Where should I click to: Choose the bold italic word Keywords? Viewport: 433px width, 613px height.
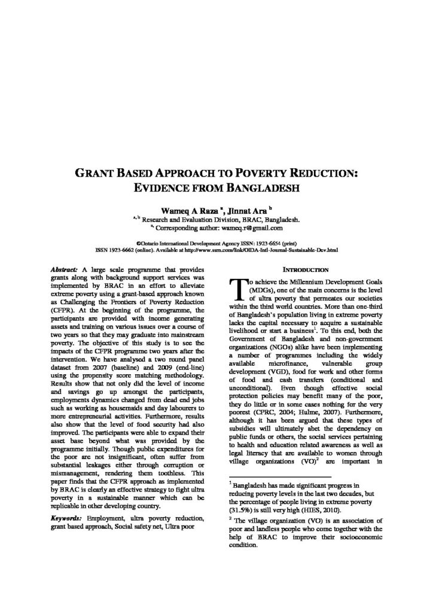point(68,516)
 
